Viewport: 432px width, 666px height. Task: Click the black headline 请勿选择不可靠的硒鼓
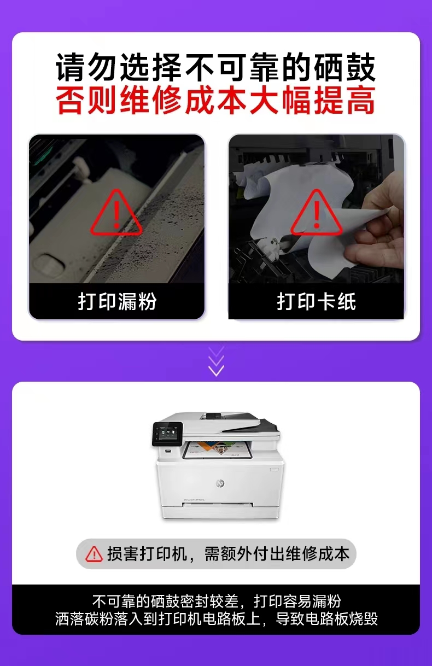pos(215,67)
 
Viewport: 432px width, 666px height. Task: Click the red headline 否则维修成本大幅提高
pos(215,100)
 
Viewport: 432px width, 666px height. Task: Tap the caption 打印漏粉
pos(117,301)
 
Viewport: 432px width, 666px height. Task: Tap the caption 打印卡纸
pos(316,301)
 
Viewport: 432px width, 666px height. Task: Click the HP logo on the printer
pos(220,484)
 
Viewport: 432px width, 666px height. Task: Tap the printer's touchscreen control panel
pos(167,434)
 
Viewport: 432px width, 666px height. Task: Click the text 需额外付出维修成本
pos(277,554)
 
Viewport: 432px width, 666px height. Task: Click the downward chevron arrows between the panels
pos(216,361)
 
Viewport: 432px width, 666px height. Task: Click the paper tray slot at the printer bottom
pos(218,505)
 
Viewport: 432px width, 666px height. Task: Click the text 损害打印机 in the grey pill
pos(147,554)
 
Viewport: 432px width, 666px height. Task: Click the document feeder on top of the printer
pos(235,420)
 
